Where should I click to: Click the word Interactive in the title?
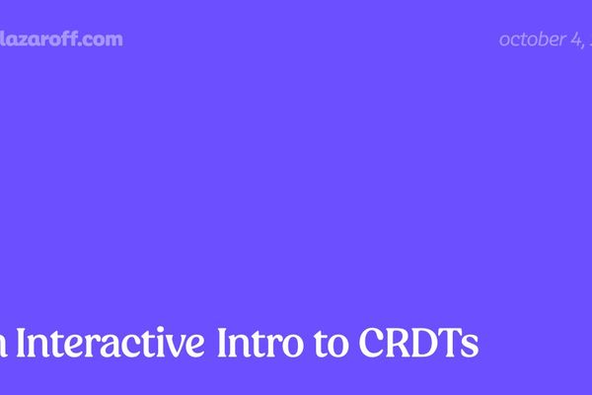pyautogui.click(x=110, y=344)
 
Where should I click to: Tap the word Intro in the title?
pyautogui.click(x=259, y=344)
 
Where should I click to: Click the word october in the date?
pyautogui.click(x=531, y=39)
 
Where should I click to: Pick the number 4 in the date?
pyautogui.click(x=575, y=39)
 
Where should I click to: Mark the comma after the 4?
pyautogui.click(x=584, y=45)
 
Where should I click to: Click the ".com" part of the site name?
pyautogui.click(x=104, y=39)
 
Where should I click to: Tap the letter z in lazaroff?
pyautogui.click(x=25, y=40)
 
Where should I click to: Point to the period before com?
pyautogui.click(x=86, y=44)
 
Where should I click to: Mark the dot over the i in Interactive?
pyautogui.click(x=159, y=330)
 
